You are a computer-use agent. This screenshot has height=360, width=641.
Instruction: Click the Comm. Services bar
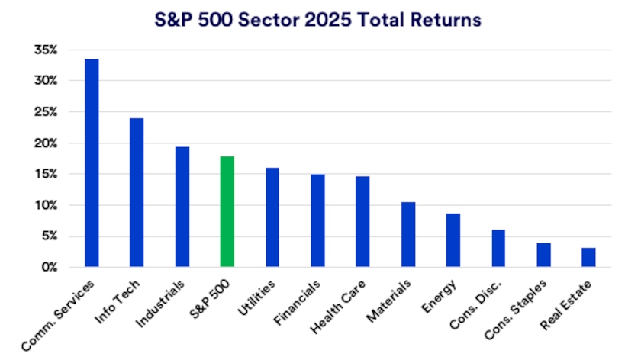92,163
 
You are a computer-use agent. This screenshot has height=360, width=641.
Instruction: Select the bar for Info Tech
137,193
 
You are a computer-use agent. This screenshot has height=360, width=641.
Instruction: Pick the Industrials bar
182,207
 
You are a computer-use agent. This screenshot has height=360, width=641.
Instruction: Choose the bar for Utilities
272,217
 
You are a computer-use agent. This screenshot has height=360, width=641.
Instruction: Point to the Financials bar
317,220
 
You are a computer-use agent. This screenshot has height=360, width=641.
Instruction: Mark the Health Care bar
362,222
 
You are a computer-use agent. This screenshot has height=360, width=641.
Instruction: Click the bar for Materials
407,234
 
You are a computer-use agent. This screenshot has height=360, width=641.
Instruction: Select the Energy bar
453,240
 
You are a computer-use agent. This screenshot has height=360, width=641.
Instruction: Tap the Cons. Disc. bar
498,249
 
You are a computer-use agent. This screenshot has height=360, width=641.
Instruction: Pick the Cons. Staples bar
543,255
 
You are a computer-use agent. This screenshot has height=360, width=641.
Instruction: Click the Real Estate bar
588,257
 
